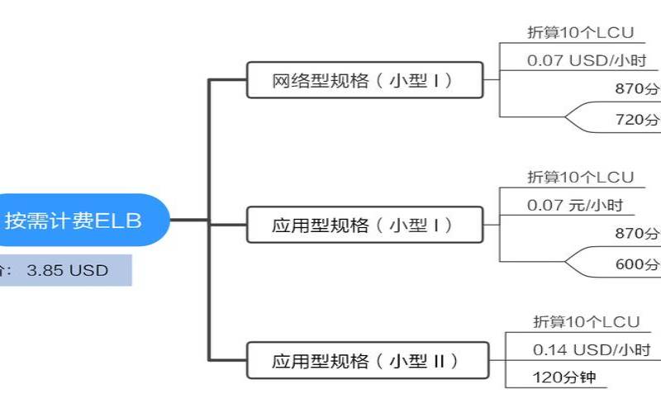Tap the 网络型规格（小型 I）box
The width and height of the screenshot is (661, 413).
[364, 81]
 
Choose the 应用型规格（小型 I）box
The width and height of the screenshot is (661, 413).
[364, 225]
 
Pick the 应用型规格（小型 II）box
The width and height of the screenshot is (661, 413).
[364, 361]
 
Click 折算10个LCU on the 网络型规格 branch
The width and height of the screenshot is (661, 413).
[580, 33]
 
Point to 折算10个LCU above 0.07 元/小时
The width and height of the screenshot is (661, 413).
[580, 177]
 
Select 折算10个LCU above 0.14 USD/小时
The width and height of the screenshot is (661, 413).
[585, 320]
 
